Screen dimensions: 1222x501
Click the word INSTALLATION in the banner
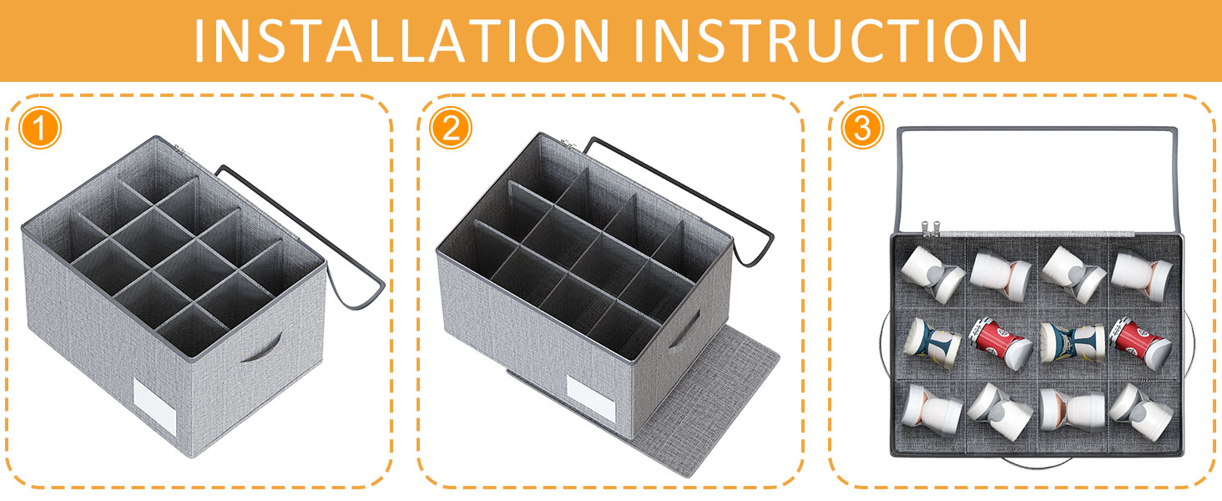point(401,40)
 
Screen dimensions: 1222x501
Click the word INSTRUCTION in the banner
point(831,40)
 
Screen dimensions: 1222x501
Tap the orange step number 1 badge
point(40,129)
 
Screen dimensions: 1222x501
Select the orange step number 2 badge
point(451,129)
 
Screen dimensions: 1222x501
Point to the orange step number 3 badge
point(862,129)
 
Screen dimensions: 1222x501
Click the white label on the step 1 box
point(155,407)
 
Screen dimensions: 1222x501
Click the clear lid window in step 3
point(1037,180)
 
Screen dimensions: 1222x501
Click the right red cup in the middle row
point(1141,343)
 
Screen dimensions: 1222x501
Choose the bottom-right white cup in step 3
point(1141,412)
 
